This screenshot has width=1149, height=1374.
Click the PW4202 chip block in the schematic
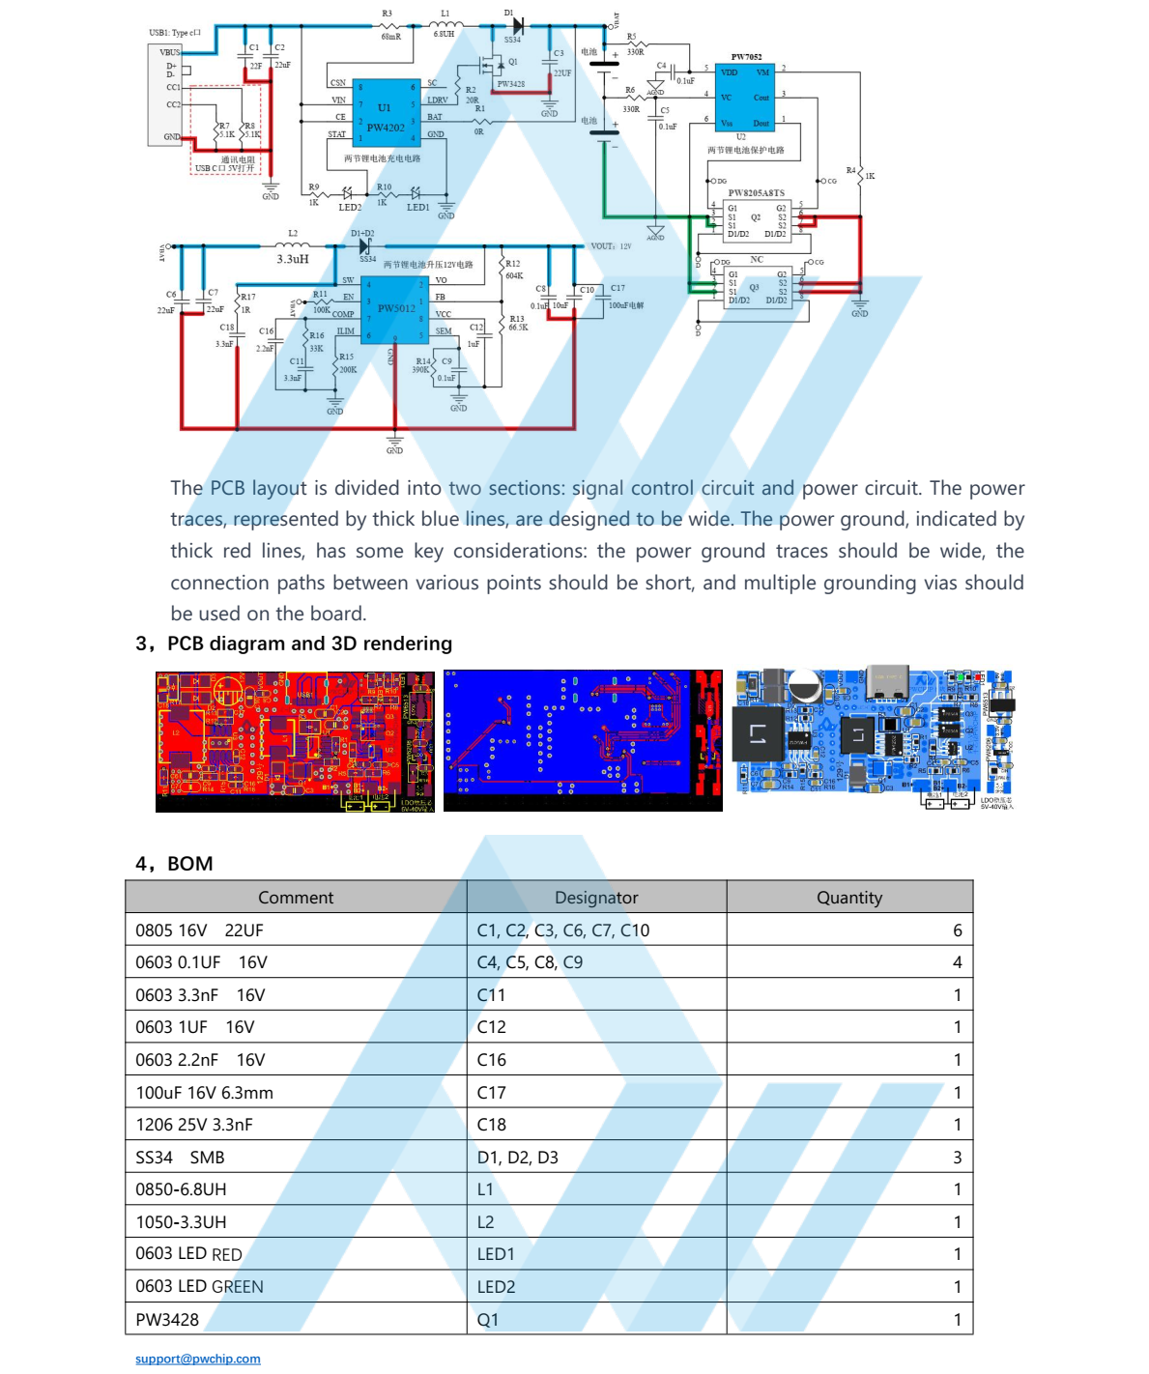386,113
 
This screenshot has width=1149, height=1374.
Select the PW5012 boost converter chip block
395,309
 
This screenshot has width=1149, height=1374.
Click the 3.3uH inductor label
293,259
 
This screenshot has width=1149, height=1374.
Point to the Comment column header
296,898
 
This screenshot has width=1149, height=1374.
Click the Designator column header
596,898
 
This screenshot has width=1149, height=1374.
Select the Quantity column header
849,898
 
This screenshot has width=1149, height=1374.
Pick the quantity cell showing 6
957,930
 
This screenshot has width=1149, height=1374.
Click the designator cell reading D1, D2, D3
518,1158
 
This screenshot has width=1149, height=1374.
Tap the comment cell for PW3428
168,1320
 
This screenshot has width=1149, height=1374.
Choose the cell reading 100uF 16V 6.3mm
205,1093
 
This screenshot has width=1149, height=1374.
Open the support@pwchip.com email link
198,1359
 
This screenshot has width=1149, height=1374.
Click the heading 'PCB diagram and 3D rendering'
309,644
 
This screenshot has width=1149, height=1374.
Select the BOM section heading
189,864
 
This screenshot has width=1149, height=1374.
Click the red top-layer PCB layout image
295,741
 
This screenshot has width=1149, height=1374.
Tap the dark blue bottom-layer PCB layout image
583,741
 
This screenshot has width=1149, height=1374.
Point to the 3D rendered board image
875,741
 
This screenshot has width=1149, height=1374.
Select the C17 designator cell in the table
492,1093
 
